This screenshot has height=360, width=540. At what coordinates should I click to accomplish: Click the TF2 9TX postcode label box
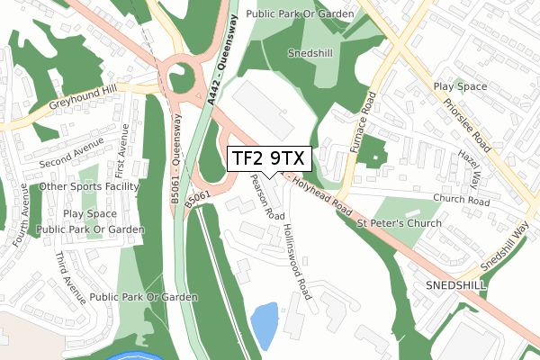coord(269,159)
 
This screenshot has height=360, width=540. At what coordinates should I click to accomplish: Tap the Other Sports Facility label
coord(89,187)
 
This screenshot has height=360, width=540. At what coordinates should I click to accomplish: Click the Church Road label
coord(460,200)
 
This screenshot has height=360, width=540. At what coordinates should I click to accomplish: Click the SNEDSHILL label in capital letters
coord(455,284)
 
